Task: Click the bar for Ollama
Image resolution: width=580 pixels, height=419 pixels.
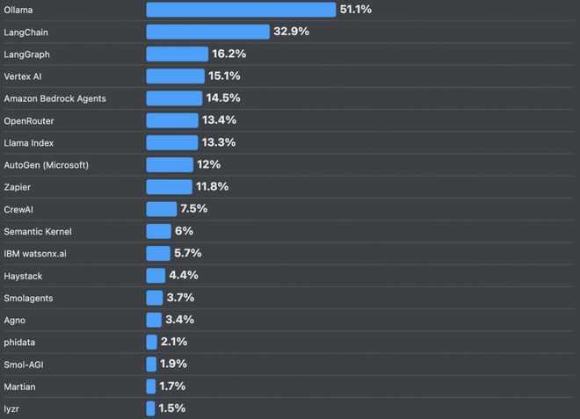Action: click(x=241, y=10)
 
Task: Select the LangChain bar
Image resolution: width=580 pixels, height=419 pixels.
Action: click(x=207, y=32)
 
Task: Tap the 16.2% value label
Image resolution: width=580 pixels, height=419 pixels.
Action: click(x=228, y=54)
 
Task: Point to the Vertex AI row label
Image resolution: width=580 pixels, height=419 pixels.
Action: click(x=23, y=76)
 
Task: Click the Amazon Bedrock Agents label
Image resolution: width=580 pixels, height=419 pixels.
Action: click(x=54, y=98)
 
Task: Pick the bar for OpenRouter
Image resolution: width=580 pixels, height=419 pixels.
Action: click(x=172, y=120)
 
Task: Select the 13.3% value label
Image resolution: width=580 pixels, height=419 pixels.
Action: click(x=219, y=142)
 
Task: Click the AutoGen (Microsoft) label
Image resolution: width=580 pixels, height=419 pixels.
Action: click(x=46, y=165)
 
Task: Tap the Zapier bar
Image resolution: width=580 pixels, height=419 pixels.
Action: click(x=169, y=187)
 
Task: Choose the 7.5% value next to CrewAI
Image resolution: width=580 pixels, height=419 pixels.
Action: click(x=193, y=209)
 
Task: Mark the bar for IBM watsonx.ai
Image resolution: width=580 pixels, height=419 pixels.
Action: click(x=158, y=253)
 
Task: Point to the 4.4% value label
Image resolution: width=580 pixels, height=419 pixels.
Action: click(x=185, y=276)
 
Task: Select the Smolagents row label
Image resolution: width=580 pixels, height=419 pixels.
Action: click(x=28, y=298)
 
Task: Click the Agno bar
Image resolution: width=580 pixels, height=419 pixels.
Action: click(x=154, y=320)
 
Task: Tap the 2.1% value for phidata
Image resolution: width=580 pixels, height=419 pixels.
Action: click(x=173, y=342)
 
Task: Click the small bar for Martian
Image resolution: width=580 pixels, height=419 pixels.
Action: click(x=151, y=386)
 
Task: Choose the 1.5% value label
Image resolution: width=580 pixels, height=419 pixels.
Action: click(x=171, y=408)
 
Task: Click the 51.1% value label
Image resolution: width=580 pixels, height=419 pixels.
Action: click(x=355, y=10)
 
